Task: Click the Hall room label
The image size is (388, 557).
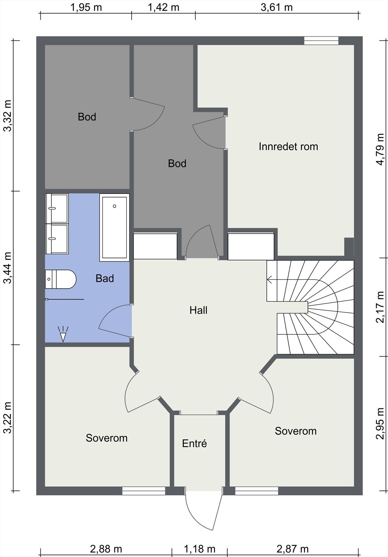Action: coord(198,310)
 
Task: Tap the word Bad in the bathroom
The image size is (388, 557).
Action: coord(105,278)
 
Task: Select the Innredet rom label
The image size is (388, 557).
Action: coord(288,147)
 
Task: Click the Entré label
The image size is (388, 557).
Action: coord(195,444)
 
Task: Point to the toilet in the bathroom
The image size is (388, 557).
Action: coord(61,279)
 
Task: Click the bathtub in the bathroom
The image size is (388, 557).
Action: coord(114,227)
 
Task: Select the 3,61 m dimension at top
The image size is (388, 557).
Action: coord(277,7)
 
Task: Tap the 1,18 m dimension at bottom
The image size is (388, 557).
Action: coord(199,549)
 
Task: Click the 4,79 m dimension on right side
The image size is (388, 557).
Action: coord(380,149)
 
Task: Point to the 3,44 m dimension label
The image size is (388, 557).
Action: coord(7,268)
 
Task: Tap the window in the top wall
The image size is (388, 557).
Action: coord(321,40)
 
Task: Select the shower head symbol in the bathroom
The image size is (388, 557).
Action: coord(63,334)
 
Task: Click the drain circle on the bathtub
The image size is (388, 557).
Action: coord(114,206)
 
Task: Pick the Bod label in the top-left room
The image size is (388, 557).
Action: coord(87,117)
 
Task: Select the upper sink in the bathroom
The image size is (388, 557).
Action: coord(57,209)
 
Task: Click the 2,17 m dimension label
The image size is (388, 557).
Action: coord(380,307)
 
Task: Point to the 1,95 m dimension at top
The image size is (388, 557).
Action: coord(86,7)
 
